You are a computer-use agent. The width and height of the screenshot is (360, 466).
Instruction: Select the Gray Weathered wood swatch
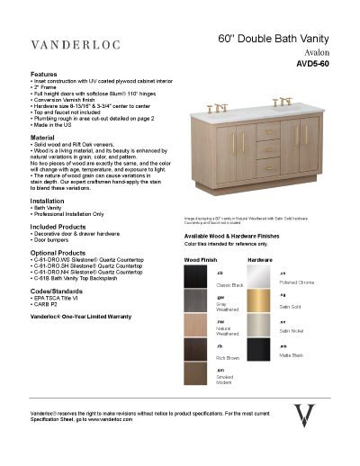(199, 304)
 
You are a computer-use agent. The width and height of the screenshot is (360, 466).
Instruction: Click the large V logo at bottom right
(306, 419)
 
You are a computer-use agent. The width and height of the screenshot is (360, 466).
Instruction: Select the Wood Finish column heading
(200, 259)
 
